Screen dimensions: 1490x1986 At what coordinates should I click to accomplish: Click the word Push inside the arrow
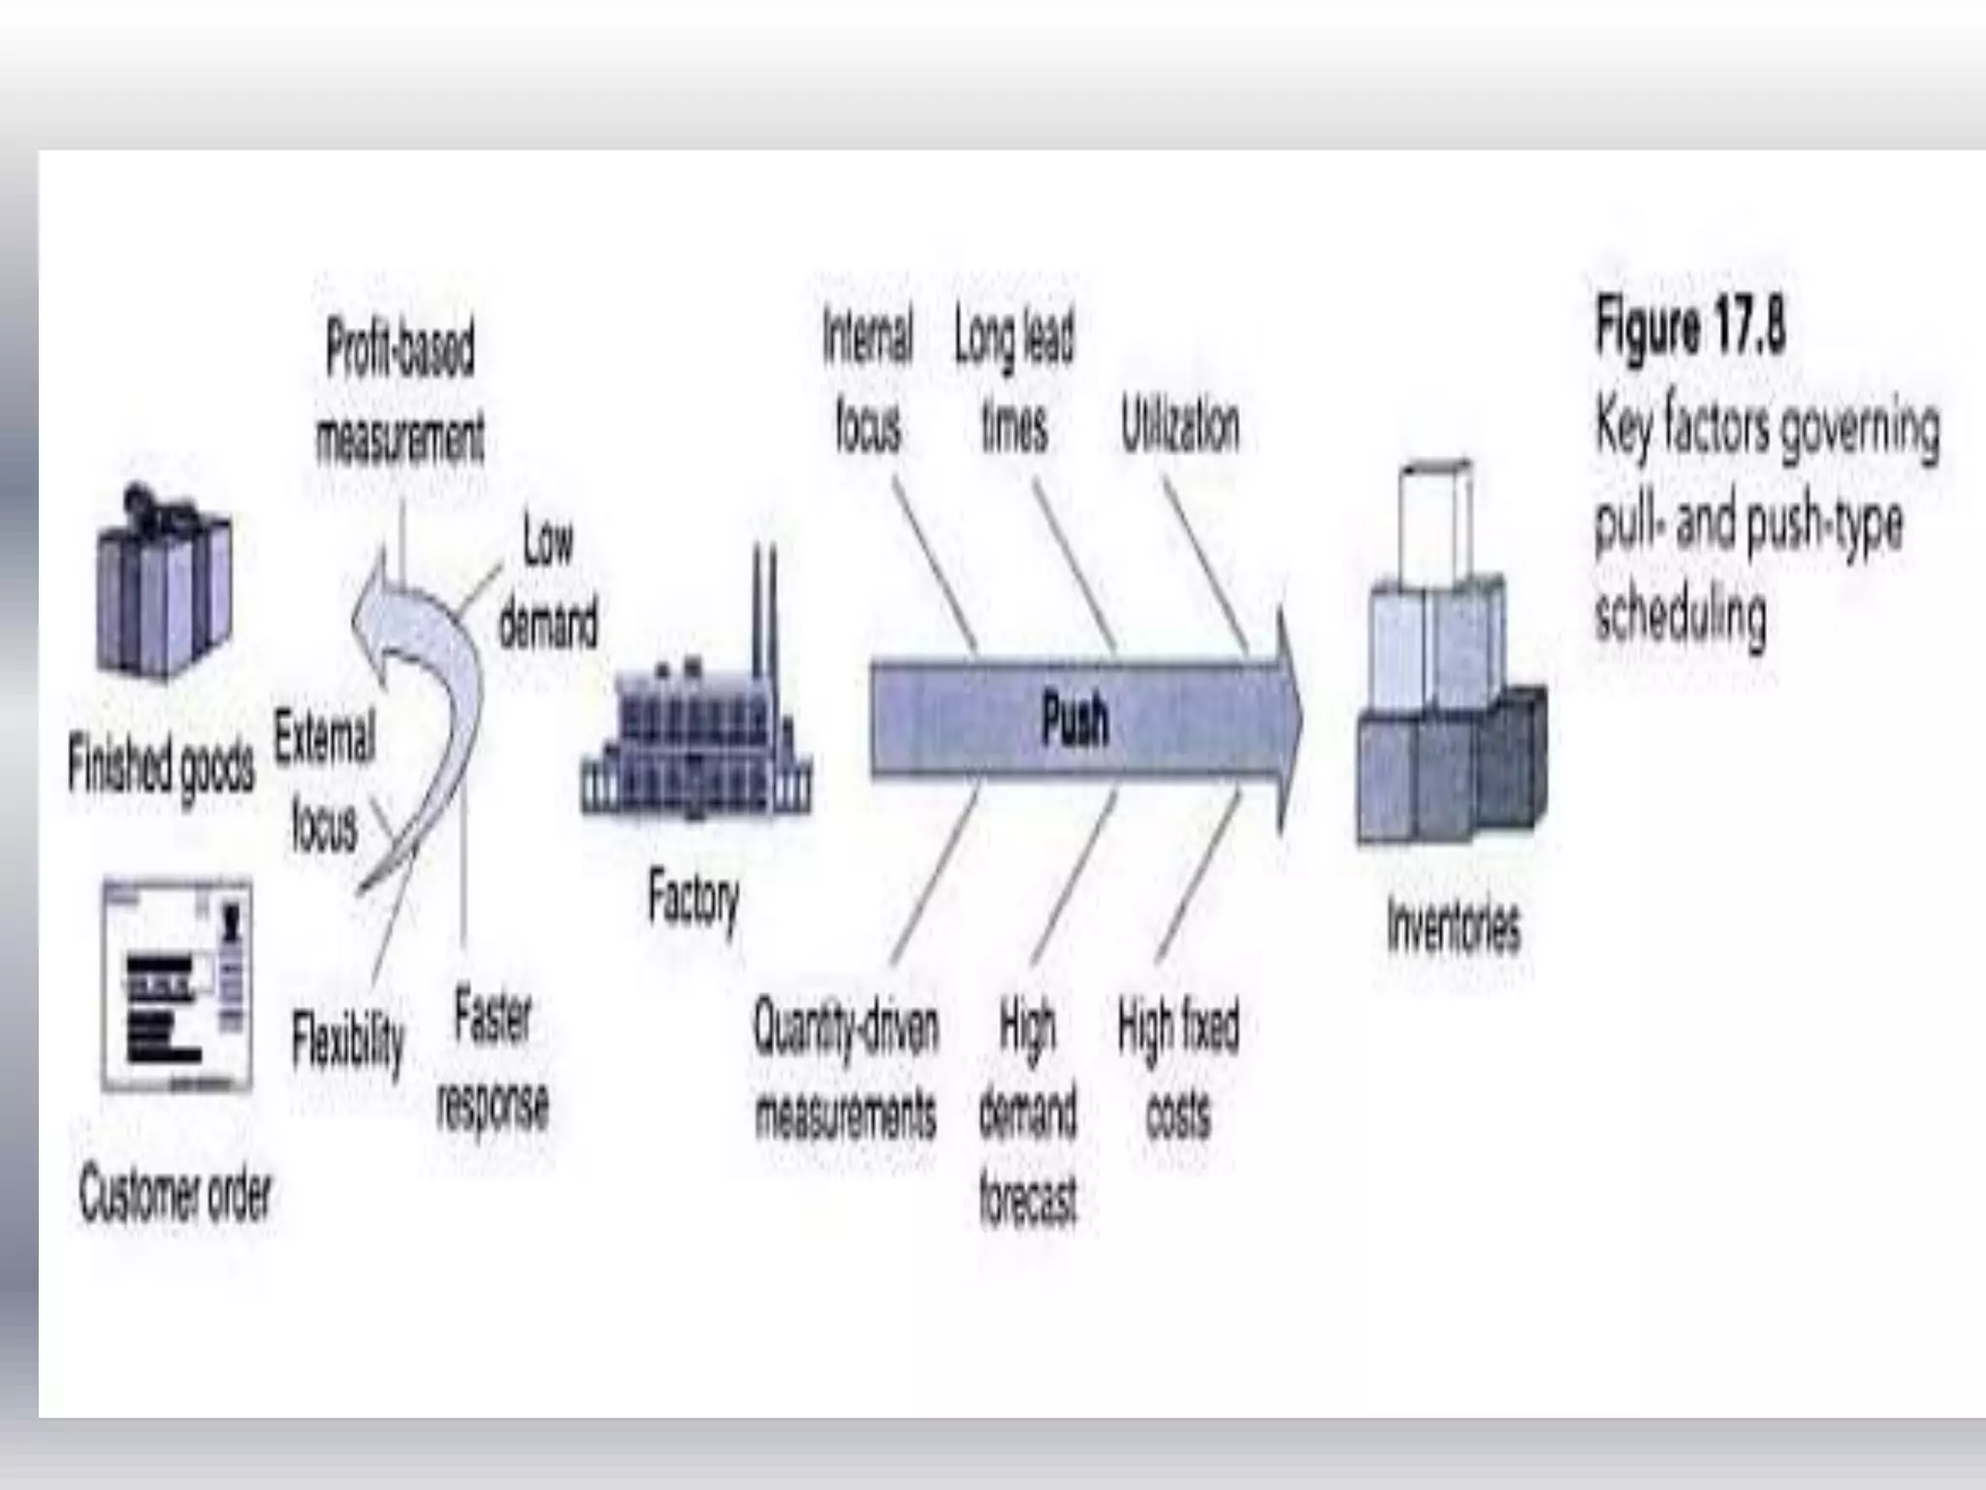click(1074, 721)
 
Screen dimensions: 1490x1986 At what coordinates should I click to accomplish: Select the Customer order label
click(176, 1194)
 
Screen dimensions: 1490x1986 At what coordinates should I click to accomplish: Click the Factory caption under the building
click(692, 898)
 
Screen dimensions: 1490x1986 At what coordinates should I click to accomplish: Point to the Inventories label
click(1453, 927)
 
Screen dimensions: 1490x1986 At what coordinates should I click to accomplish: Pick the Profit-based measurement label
click(400, 393)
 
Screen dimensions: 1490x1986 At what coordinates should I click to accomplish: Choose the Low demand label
click(548, 582)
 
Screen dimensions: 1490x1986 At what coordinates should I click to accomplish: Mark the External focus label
click(324, 781)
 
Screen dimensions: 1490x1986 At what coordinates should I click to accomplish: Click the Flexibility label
click(347, 1041)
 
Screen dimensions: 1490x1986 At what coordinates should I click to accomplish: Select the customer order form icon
click(177, 985)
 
